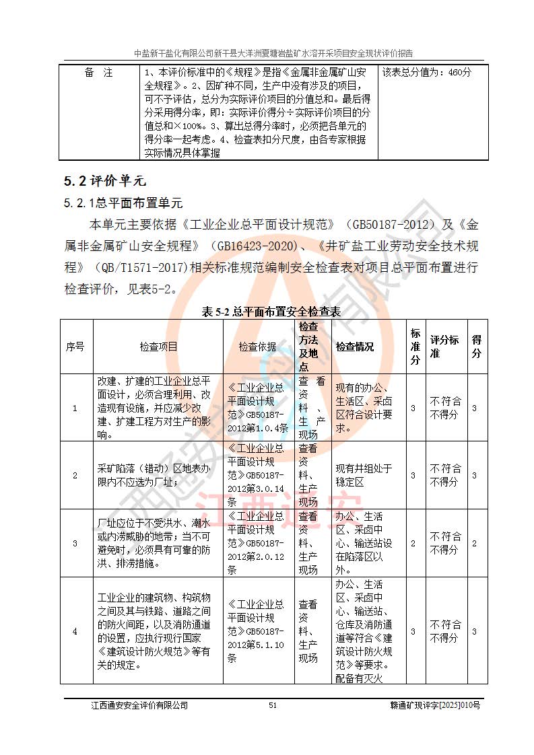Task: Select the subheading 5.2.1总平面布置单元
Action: coord(123,203)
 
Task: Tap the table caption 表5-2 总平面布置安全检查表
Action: coord(272,312)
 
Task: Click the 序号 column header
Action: coord(75,347)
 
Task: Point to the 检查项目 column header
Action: coord(158,347)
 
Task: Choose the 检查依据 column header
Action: coord(258,347)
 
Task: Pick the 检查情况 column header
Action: coord(355,347)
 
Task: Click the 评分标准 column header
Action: coord(444,347)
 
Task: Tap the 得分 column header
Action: coord(476,347)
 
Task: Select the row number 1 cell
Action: coord(75,408)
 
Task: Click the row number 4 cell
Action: coord(75,631)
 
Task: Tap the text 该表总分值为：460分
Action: coord(427,73)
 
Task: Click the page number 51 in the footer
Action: coord(273,705)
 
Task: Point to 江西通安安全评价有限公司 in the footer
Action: coord(139,705)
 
